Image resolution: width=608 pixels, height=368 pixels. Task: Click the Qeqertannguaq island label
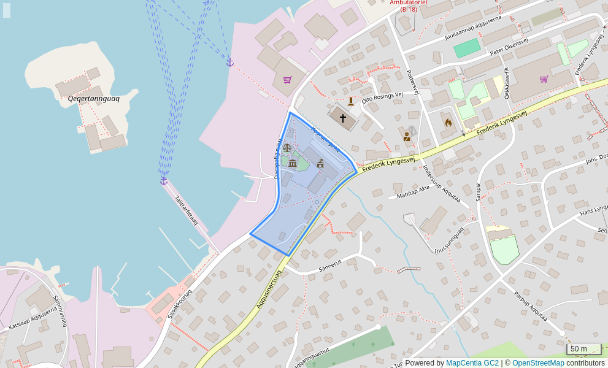click(x=93, y=98)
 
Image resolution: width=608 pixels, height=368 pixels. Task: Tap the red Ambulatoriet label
click(x=409, y=6)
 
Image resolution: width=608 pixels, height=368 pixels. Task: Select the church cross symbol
click(x=342, y=117)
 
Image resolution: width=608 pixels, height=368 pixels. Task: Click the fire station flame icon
click(x=448, y=123)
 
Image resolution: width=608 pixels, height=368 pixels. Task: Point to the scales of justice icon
click(x=287, y=148)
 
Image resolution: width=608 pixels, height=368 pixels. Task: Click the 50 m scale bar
click(x=583, y=349)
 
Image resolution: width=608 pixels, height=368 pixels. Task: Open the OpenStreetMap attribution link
click(x=537, y=363)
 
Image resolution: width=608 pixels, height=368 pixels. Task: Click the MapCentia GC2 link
click(x=472, y=363)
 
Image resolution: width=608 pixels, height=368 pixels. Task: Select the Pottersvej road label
click(x=412, y=82)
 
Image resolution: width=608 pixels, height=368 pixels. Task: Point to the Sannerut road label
click(x=329, y=266)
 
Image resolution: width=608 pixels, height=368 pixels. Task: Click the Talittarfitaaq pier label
click(x=186, y=210)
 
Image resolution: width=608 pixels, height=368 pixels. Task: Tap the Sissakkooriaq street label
click(x=179, y=304)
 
